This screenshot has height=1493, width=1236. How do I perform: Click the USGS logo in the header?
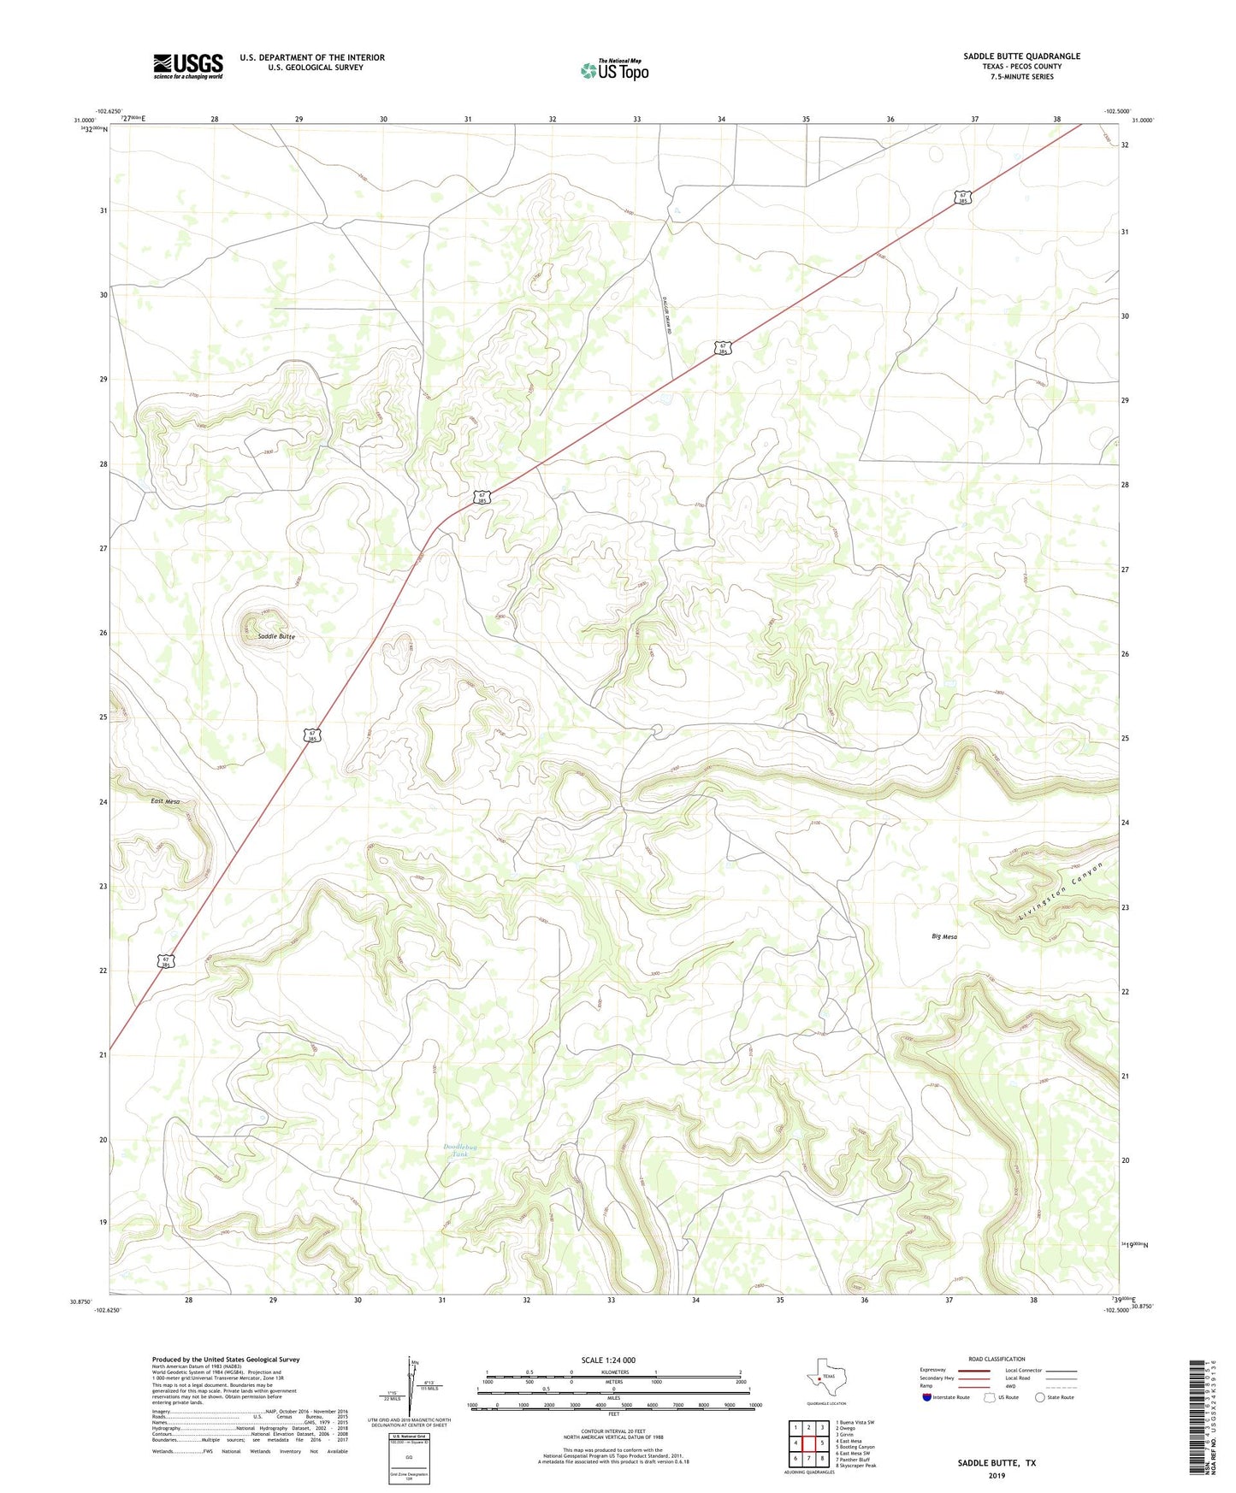tap(188, 66)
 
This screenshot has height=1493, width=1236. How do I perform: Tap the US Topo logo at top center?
tap(614, 70)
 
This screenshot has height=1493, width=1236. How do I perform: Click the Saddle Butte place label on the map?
tap(276, 637)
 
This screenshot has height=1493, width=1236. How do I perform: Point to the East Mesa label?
tap(165, 801)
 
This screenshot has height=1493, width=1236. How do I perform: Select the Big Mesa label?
tap(944, 936)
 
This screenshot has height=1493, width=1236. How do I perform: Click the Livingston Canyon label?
tap(1061, 891)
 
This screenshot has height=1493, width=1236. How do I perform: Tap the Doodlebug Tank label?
tap(460, 1151)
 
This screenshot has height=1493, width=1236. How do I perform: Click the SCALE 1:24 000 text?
tap(608, 1360)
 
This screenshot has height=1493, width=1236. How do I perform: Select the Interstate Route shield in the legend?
tap(927, 1397)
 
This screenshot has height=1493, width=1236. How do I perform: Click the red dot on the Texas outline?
tap(819, 1378)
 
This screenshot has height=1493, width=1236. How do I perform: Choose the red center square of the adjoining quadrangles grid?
tap(808, 1443)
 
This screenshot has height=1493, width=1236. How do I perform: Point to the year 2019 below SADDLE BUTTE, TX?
tap(996, 1475)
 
